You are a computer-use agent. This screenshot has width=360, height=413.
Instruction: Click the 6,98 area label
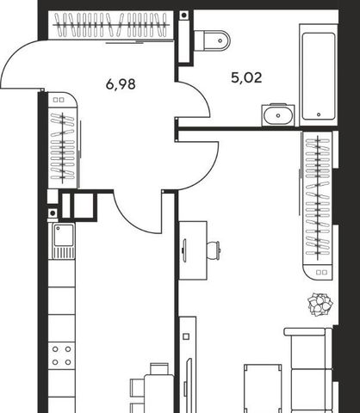click(121, 84)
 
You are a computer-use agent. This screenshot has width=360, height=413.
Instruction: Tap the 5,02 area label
click(246, 77)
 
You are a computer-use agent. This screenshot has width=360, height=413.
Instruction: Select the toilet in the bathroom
click(212, 40)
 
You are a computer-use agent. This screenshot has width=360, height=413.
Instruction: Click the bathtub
click(319, 75)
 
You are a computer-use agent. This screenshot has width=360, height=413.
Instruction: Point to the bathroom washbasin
click(278, 115)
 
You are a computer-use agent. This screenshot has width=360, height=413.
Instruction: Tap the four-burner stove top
click(61, 355)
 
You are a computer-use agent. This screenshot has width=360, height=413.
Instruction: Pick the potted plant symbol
click(320, 305)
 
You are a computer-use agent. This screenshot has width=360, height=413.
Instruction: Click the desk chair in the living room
click(214, 250)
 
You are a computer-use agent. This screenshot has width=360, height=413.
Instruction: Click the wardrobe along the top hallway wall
click(111, 25)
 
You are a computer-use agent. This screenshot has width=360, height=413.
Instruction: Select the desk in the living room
click(193, 250)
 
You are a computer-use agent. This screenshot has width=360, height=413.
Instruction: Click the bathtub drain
click(319, 114)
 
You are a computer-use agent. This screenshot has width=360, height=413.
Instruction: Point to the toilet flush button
click(220, 40)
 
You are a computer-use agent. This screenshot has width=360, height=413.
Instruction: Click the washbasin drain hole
click(278, 115)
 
